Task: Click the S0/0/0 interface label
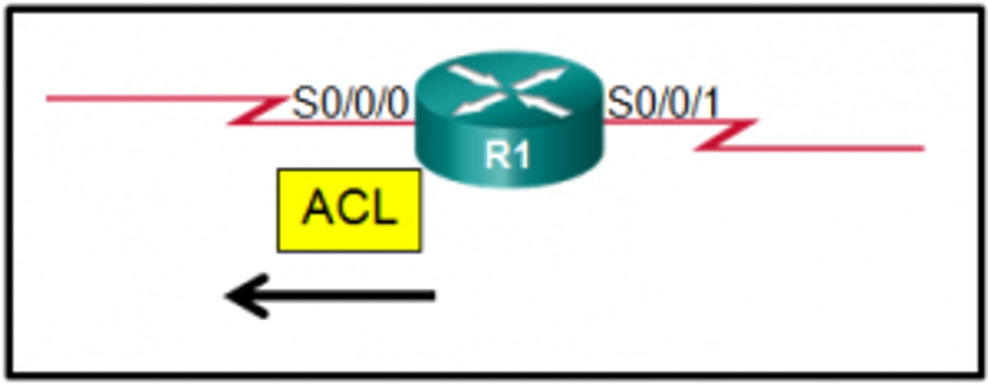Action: pos(350,104)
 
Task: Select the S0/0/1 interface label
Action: pos(663,104)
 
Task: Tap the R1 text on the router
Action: pos(508,156)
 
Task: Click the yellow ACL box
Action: pos(349,210)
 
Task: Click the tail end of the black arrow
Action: pos(432,296)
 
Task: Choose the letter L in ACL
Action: pos(384,207)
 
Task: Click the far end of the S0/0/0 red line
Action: pos(48,99)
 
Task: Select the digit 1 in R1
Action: pos(521,156)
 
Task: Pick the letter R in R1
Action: pos(497,156)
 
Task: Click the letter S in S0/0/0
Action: pos(303,104)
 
